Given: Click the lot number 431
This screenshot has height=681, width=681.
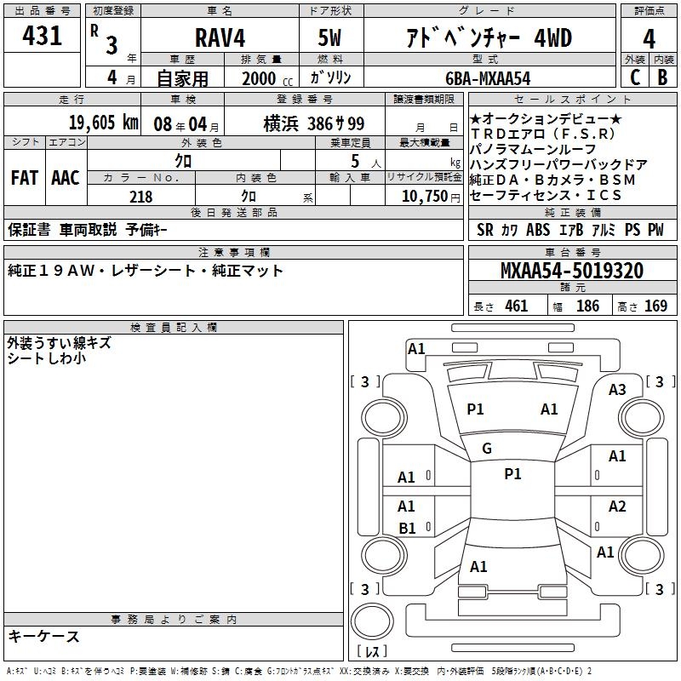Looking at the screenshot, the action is [42, 36].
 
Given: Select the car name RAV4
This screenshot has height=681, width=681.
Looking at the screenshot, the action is [220, 37].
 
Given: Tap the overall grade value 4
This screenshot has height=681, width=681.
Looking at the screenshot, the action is [649, 38].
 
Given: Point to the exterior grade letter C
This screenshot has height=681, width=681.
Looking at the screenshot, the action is [635, 77].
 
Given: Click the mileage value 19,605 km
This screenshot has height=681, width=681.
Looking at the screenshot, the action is [104, 123].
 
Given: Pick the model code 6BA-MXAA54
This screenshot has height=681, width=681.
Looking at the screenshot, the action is [488, 78].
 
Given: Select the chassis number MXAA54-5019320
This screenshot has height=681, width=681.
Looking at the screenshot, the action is [572, 270].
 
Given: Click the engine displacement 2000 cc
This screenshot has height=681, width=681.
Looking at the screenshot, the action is [267, 79].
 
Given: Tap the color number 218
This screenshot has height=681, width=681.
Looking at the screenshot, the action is [140, 197].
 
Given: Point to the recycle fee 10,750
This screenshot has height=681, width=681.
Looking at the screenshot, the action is [425, 197].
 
